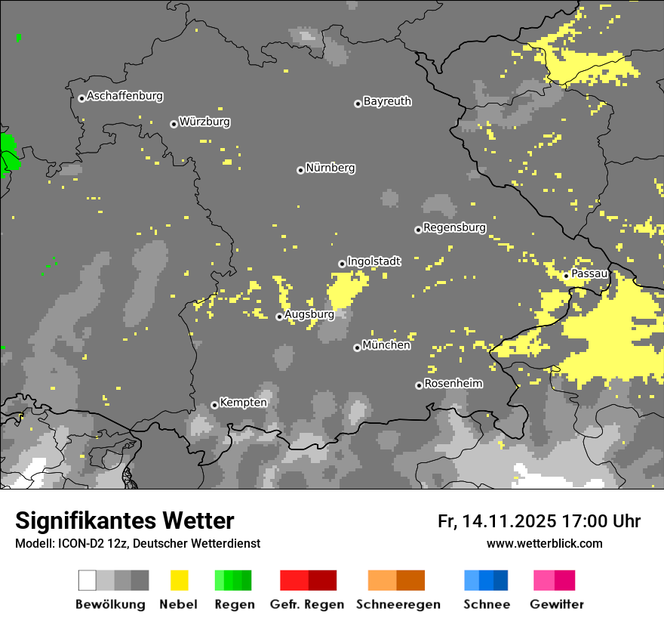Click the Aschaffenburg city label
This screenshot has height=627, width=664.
coord(124,97)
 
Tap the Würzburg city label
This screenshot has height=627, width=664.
coord(204,122)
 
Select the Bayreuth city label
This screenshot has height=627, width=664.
coord(387,101)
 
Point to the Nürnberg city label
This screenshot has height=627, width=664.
coord(330,168)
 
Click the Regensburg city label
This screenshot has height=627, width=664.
coord(454,227)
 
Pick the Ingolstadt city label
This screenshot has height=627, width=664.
coord(373,262)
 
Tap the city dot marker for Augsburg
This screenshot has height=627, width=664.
coord(279,317)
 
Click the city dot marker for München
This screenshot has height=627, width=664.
coord(357,347)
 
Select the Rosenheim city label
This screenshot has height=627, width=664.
coord(453,384)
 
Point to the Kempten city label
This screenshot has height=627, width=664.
coord(243,403)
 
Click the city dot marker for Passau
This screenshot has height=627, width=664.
coord(566,276)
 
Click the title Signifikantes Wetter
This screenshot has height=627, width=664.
coord(124,521)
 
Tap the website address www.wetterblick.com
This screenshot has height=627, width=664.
coord(544,543)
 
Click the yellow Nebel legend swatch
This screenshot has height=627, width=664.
coord(179,580)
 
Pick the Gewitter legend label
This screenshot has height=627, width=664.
coord(557,604)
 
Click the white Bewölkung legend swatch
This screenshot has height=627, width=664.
coord(88,580)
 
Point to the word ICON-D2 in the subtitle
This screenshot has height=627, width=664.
coord(74,544)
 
